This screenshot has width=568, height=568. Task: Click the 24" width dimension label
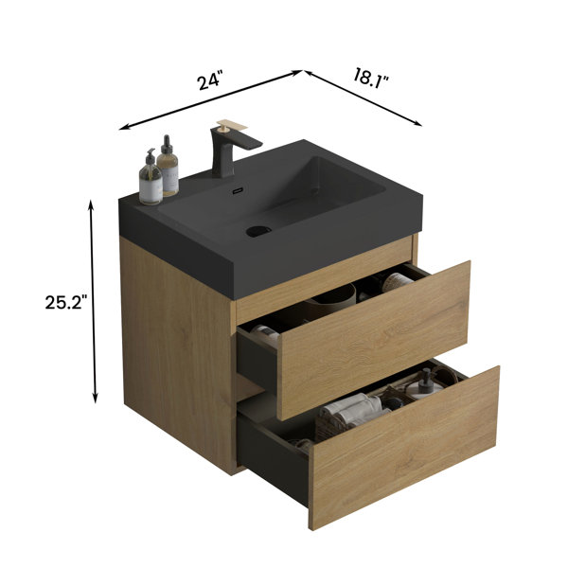click(210, 81)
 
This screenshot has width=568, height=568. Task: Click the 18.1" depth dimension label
click(370, 78)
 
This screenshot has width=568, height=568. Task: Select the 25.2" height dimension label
click(66, 302)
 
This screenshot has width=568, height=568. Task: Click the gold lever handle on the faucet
click(231, 126)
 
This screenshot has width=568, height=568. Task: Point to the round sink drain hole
click(258, 231)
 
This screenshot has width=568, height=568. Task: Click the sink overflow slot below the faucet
click(238, 190)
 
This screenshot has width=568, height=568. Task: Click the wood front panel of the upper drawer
click(374, 340)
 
